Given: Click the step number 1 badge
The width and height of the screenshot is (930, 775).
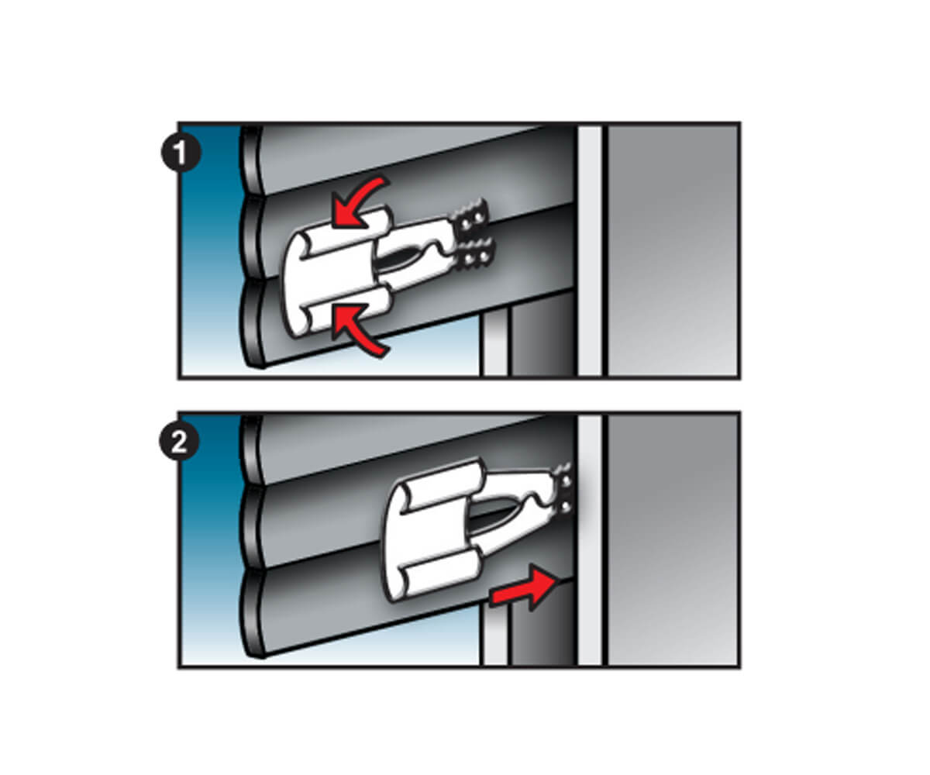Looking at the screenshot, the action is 181,153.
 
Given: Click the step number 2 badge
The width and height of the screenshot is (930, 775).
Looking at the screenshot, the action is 179,443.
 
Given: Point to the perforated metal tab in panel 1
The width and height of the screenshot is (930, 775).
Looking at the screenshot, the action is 474,237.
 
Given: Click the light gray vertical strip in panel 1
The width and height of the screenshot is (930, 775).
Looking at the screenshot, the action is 590,250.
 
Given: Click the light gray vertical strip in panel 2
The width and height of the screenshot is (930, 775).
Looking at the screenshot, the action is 590,541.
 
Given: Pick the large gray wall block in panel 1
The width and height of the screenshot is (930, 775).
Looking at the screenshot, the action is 673,250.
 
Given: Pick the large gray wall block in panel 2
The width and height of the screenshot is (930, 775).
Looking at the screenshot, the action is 673,541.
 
